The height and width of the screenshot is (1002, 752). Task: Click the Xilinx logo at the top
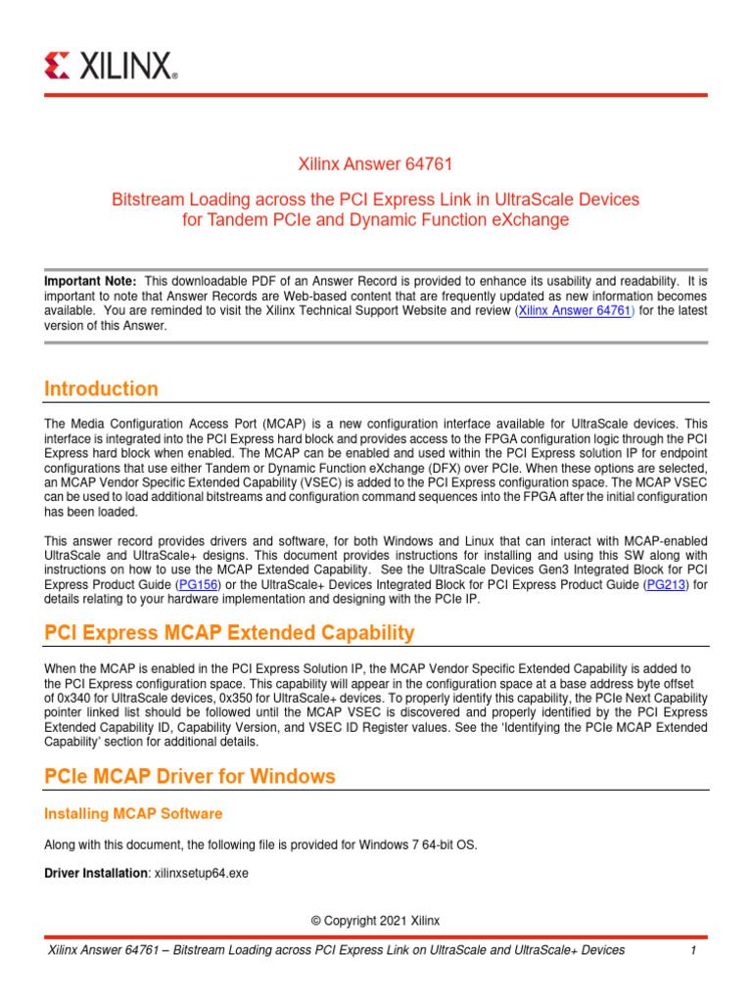coord(111,66)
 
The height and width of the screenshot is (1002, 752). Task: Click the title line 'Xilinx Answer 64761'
coord(375,163)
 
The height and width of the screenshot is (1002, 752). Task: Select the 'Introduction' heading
coord(101,388)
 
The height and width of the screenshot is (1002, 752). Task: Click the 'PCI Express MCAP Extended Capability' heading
coord(229,632)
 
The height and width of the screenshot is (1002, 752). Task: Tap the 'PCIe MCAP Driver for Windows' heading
coord(190,776)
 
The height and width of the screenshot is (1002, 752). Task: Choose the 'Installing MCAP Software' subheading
coord(133,813)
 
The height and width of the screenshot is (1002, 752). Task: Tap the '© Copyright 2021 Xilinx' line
coord(375,921)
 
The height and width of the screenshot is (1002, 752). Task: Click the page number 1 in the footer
coord(692,950)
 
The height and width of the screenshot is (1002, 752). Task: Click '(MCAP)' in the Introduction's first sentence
coord(288,424)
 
